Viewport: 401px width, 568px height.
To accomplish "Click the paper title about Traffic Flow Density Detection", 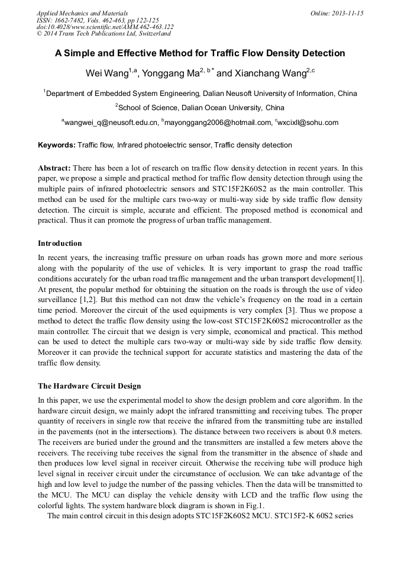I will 200,53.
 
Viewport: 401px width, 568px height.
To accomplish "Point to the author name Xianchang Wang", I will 270,73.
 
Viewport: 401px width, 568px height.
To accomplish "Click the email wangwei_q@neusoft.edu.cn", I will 111,123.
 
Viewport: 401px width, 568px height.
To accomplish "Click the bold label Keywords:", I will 57,145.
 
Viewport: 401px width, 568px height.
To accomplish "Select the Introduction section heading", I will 60,243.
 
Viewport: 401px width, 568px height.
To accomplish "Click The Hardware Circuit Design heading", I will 89,386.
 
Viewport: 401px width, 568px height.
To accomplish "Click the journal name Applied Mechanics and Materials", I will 82,13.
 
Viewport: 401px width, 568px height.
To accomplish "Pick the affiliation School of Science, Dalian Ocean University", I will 200,108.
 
